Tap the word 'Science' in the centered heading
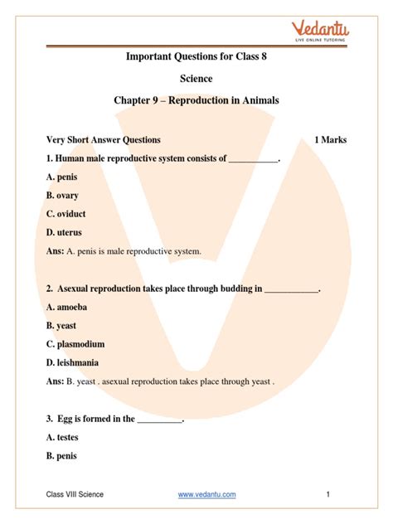tap(196, 79)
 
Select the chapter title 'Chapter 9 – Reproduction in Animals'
tap(196, 101)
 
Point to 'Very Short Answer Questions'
tap(104, 140)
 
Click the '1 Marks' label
tap(330, 140)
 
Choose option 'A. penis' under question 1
tap(66, 177)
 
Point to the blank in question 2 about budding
tap(291, 289)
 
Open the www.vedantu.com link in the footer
tap(207, 495)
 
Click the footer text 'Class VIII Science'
tap(75, 495)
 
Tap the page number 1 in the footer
tap(328, 495)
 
